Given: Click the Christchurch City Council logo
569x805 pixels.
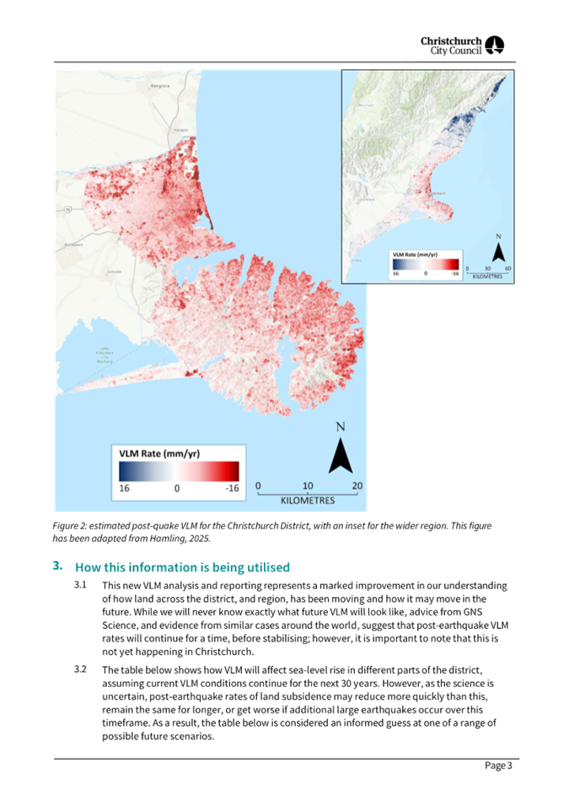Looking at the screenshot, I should click(x=464, y=46).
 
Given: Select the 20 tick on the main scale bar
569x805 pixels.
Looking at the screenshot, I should click(x=357, y=486).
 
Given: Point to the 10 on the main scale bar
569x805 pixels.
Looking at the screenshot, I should click(x=308, y=486).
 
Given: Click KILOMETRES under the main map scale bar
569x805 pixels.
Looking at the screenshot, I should click(x=309, y=500).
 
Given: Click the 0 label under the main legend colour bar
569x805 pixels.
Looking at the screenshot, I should click(x=177, y=488).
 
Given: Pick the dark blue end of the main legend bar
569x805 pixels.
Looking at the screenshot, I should click(x=125, y=470).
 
